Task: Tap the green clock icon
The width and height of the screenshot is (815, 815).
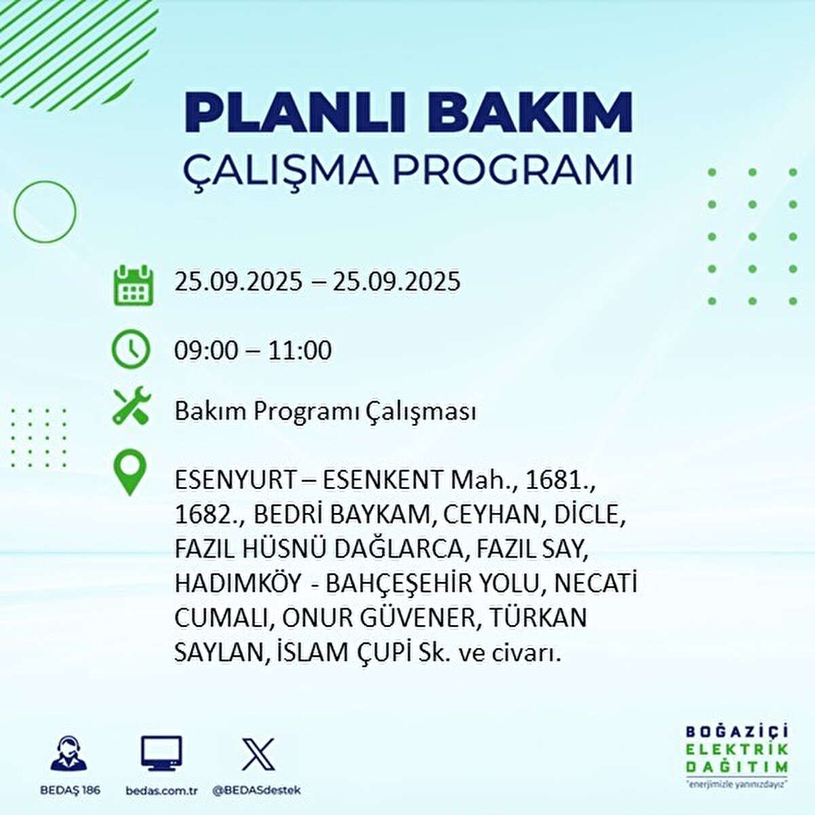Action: click(130, 349)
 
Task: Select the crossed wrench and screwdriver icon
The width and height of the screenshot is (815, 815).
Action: click(132, 405)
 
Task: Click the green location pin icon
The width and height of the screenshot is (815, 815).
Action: click(130, 473)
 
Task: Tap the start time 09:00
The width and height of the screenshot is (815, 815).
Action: click(206, 350)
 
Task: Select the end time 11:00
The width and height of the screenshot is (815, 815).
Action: click(300, 350)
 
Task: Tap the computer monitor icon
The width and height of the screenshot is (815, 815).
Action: click(161, 753)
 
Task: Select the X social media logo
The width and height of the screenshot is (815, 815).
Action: click(258, 754)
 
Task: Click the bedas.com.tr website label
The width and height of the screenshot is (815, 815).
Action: click(162, 791)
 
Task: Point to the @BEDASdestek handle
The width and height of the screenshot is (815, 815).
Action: click(257, 791)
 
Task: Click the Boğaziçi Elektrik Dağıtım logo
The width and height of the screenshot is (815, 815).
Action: click(736, 755)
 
